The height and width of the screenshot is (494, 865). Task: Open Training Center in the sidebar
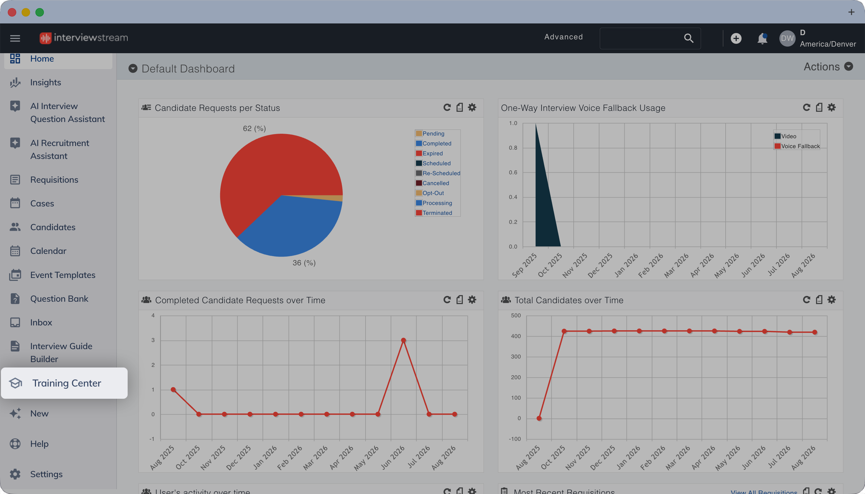coord(65,383)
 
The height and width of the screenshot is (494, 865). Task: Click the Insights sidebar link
coord(45,82)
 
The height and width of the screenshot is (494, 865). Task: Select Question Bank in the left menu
coord(59,299)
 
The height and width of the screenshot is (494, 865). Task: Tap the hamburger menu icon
coord(15,38)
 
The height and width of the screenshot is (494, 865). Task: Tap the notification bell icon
coord(762,38)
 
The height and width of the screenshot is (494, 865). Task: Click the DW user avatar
coord(787,38)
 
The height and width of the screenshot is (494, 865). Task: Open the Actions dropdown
coord(828,66)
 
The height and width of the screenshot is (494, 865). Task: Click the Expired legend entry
coord(429,153)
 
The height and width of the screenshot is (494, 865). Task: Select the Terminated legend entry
coord(434,213)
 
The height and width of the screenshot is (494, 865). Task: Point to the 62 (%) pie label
coord(254,128)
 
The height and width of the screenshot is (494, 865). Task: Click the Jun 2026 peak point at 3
coord(403,340)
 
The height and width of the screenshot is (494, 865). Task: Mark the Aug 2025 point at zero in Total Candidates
coord(539,418)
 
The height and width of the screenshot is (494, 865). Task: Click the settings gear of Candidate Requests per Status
coord(472,108)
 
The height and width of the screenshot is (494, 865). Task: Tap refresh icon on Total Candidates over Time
coord(806,300)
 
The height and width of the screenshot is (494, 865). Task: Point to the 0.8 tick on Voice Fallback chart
coord(513,148)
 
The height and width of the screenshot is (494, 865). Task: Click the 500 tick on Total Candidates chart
coord(516,316)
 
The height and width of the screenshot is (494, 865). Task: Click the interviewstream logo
coord(84,38)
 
